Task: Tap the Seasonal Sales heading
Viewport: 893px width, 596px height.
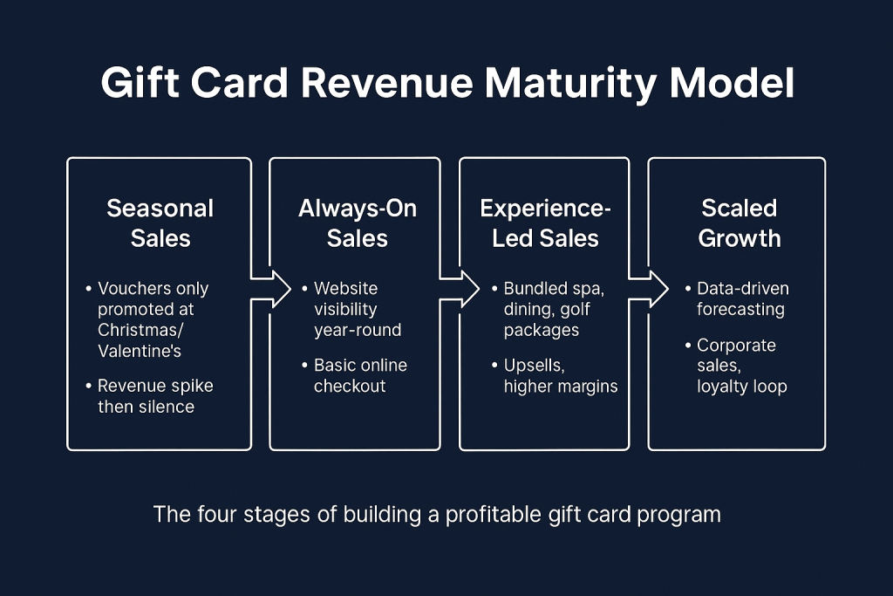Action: point(160,223)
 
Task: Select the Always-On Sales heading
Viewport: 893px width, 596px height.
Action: point(358,223)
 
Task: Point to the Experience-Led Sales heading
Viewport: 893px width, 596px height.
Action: point(546,223)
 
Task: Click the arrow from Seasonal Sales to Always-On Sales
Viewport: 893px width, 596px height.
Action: point(271,289)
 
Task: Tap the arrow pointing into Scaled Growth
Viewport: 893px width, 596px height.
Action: point(648,289)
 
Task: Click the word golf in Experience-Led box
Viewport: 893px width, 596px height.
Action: point(569,309)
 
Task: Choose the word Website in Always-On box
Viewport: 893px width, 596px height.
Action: point(345,288)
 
